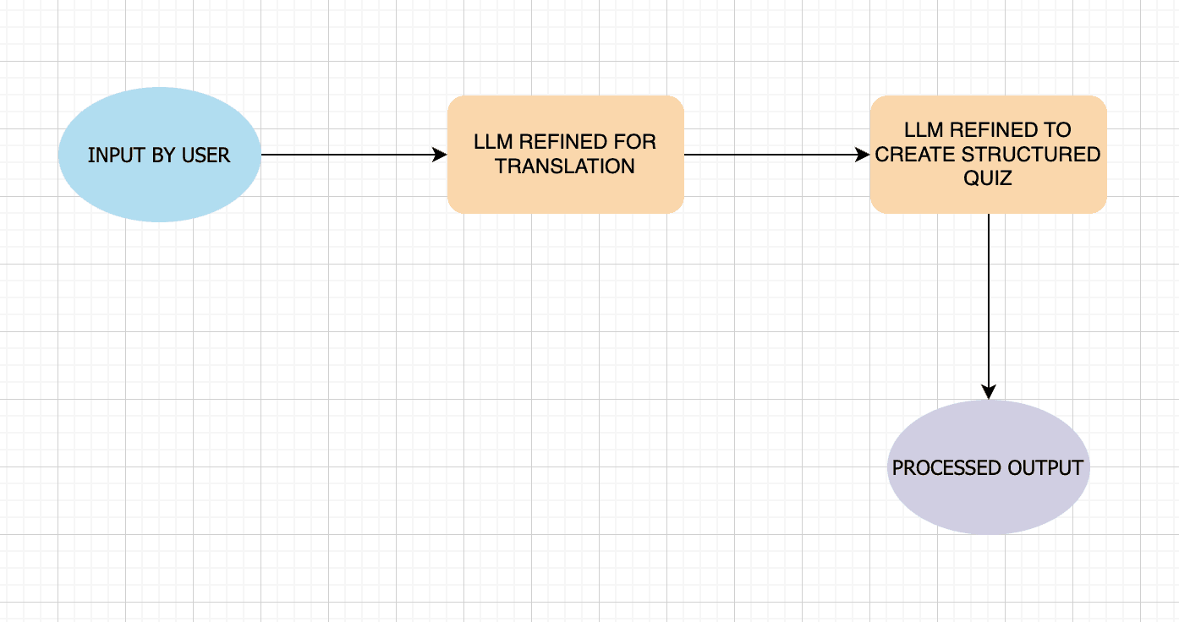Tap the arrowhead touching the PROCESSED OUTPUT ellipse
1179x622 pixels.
(x=988, y=392)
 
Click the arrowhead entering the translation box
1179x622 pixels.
(x=440, y=155)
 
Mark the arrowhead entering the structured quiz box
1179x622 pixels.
(x=863, y=155)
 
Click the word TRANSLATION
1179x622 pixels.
(x=565, y=166)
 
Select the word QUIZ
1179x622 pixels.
(x=988, y=178)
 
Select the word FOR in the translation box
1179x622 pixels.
(x=639, y=142)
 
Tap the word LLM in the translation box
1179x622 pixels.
(x=493, y=142)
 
